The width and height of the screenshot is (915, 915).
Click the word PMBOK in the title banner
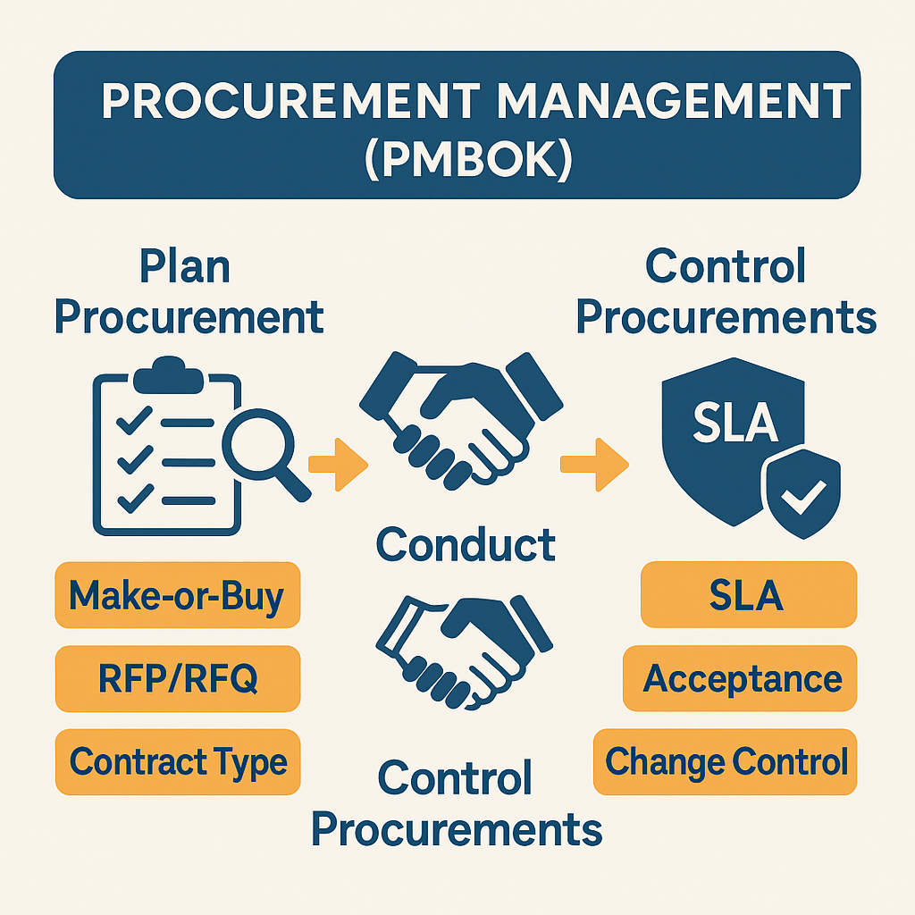pyautogui.click(x=468, y=159)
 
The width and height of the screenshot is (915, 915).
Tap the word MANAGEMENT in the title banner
pyautogui.click(x=673, y=100)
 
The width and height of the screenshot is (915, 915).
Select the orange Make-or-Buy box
pyautogui.click(x=178, y=594)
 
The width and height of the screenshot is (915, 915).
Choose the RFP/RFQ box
pyautogui.click(x=178, y=678)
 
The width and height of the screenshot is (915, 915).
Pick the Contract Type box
pyautogui.click(x=178, y=761)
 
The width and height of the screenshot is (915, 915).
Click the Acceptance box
pyautogui.click(x=740, y=678)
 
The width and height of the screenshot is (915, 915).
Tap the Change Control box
pyautogui.click(x=726, y=761)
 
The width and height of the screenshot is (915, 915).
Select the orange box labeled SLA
pyautogui.click(x=749, y=594)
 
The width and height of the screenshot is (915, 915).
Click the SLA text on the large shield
pyautogui.click(x=735, y=422)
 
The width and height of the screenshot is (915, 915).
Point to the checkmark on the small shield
pyautogui.click(x=803, y=497)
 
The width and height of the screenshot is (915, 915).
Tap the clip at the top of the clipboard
pyautogui.click(x=168, y=374)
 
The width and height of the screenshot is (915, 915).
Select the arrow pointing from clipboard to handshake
pyautogui.click(x=338, y=465)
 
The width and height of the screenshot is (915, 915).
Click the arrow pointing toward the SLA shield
pyautogui.click(x=594, y=465)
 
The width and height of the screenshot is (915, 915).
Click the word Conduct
pyautogui.click(x=466, y=544)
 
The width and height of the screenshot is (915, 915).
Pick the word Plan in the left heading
pyautogui.click(x=185, y=266)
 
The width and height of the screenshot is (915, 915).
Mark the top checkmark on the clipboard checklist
pyautogui.click(x=135, y=420)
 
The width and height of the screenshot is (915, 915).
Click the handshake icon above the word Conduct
pyautogui.click(x=461, y=420)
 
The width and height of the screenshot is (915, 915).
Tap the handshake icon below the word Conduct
pyautogui.click(x=464, y=651)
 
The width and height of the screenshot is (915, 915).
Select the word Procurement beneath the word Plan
pyautogui.click(x=189, y=317)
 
